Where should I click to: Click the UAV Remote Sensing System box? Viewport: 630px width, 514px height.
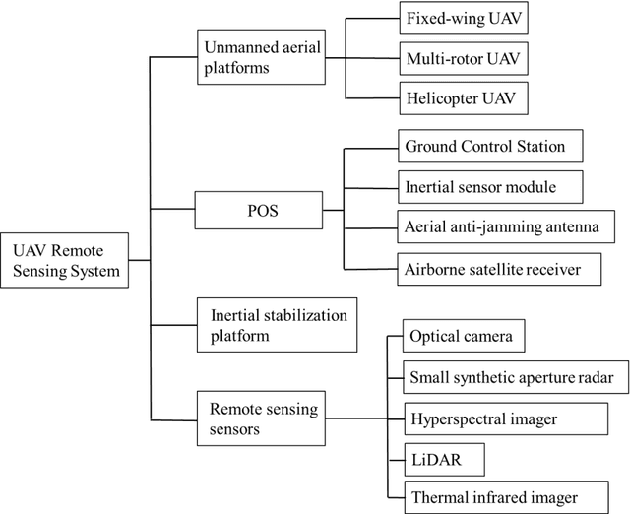pyautogui.click(x=65, y=260)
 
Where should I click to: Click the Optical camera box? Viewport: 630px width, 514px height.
pyautogui.click(x=464, y=336)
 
